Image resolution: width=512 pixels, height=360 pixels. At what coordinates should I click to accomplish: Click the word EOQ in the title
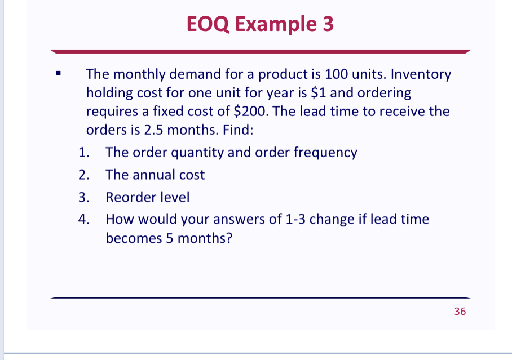click(x=208, y=24)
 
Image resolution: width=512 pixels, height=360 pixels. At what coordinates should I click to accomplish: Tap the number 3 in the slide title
click(x=328, y=24)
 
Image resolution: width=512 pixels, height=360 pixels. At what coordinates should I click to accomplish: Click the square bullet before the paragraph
click(x=59, y=73)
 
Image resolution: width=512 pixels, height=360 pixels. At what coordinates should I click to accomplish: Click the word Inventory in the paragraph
click(x=421, y=75)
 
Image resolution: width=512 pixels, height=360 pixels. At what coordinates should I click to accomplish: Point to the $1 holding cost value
click(x=318, y=93)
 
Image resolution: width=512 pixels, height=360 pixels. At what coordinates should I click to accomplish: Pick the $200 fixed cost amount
click(x=250, y=112)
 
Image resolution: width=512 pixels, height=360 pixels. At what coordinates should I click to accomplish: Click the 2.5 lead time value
click(x=153, y=130)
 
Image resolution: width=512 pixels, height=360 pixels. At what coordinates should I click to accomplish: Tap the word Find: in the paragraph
click(x=238, y=130)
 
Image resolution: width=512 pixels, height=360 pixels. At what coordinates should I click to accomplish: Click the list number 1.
click(x=83, y=153)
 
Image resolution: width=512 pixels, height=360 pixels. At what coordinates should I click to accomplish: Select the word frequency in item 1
click(x=325, y=153)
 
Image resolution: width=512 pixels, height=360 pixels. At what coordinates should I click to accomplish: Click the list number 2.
click(x=83, y=175)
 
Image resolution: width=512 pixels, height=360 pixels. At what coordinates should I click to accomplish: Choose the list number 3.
click(x=83, y=197)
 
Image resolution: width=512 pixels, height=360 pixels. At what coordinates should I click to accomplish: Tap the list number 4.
click(x=83, y=219)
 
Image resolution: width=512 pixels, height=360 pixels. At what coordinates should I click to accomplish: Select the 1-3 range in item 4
click(x=295, y=219)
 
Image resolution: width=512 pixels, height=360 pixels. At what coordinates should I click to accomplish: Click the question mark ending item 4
click(x=229, y=238)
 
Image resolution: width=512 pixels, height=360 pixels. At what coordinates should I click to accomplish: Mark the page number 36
click(x=460, y=312)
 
